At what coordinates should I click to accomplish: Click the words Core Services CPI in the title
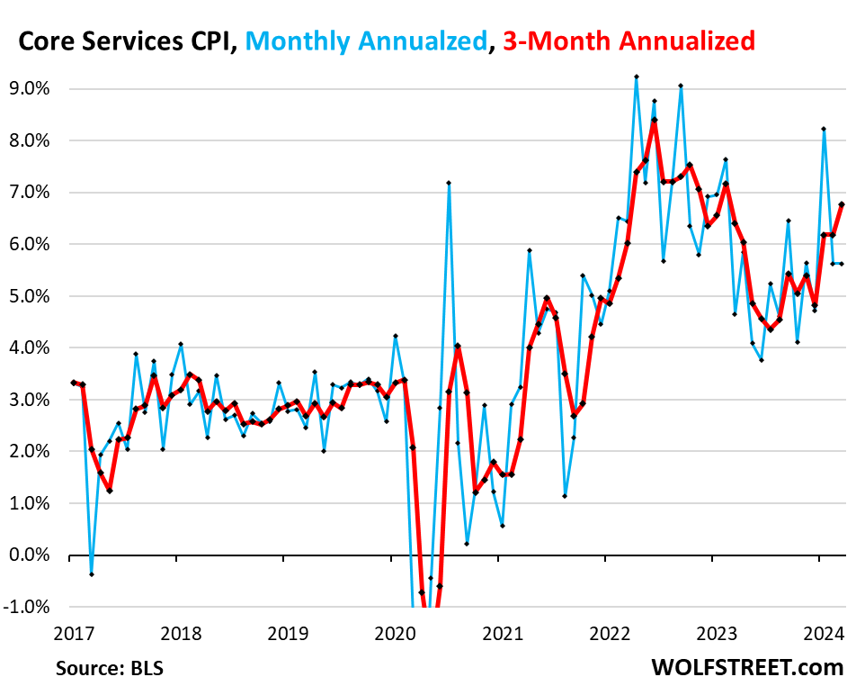126,41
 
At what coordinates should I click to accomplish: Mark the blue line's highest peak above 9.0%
637,77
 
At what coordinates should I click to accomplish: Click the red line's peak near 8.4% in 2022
655,120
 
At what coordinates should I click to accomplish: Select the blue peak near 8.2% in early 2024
824,129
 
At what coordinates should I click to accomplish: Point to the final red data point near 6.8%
842,203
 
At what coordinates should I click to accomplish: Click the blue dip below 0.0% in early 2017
92,574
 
